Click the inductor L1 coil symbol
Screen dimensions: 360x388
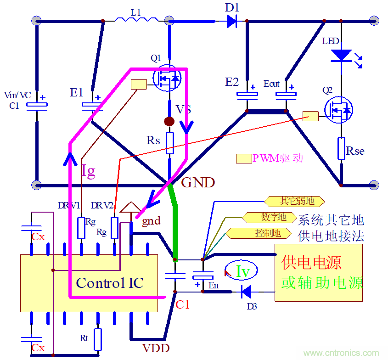(136, 20)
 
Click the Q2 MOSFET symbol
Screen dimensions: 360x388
(339, 110)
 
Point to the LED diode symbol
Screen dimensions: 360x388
(341, 55)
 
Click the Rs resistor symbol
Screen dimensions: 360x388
(170, 143)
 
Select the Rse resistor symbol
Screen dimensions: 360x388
(341, 148)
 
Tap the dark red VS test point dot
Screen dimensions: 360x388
(170, 121)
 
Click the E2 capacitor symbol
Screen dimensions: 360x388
(247, 95)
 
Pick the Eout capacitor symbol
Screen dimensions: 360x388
(286, 95)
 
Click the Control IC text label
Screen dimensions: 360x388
(110, 283)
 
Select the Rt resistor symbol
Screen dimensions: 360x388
(97, 339)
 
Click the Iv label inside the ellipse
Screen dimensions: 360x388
(242, 272)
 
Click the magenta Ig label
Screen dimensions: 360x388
(88, 171)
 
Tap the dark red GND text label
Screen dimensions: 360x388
(198, 183)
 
